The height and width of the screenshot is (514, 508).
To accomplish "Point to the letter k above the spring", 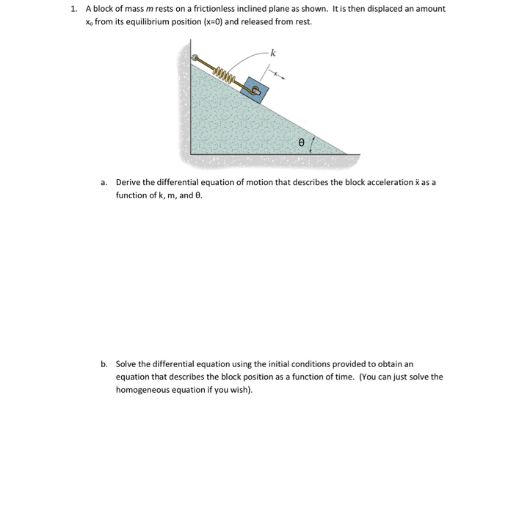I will point(272,53).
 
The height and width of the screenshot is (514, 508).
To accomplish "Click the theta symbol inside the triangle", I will point(301,145).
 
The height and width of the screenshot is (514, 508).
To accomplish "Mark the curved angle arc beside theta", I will point(316,142).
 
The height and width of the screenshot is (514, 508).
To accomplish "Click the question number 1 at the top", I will point(73,10).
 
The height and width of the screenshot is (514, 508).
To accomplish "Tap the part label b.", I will point(104,363).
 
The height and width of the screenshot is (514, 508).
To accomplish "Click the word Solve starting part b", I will point(126,363).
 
